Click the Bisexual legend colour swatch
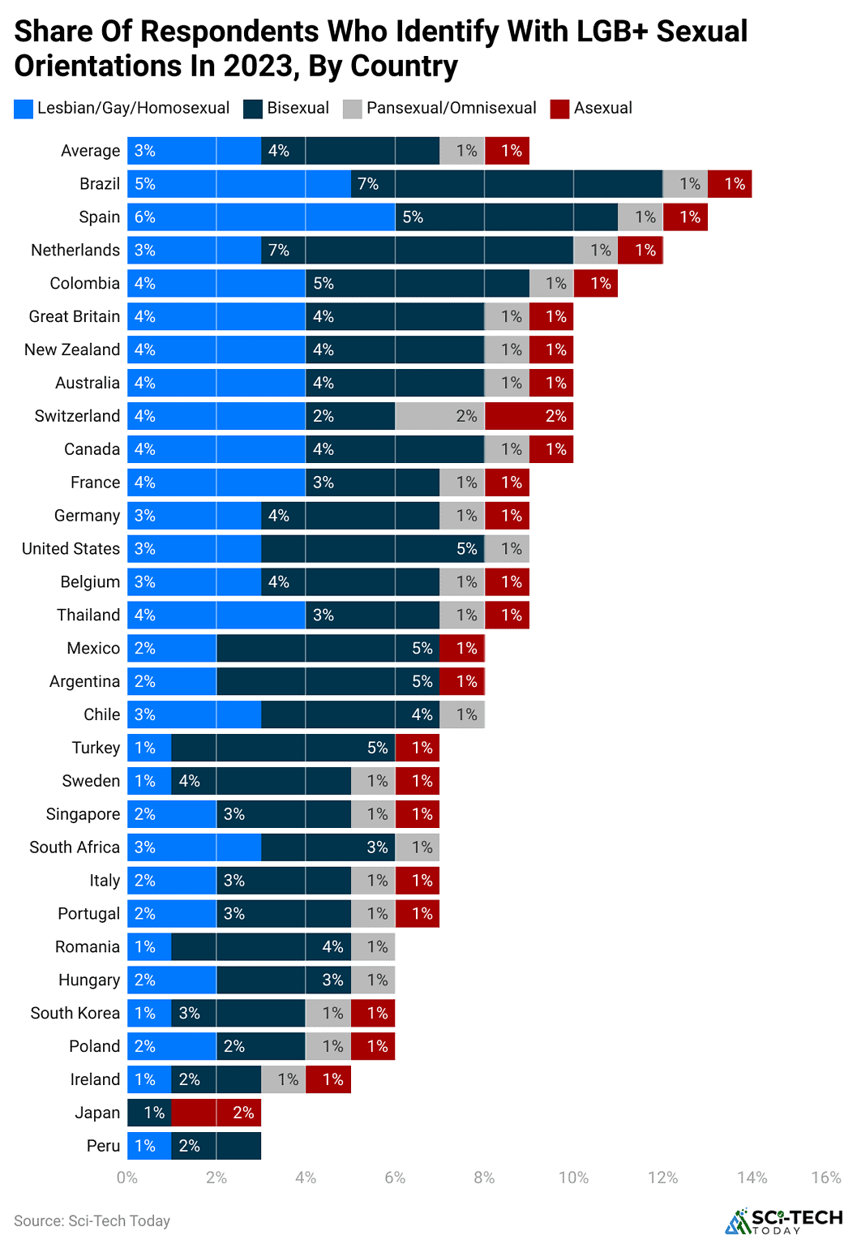pyautogui.click(x=253, y=109)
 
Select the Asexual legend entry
pyautogui.click(x=602, y=109)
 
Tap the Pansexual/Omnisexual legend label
pyautogui.click(x=451, y=109)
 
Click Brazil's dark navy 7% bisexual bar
pyautogui.click(x=507, y=184)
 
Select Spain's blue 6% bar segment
pyautogui.click(x=261, y=217)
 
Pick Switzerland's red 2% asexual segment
pyautogui.click(x=529, y=416)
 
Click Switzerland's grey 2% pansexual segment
pyautogui.click(x=439, y=416)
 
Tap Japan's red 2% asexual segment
pyautogui.click(x=216, y=1113)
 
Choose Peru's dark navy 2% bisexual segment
pyautogui.click(x=216, y=1146)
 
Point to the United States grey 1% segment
pyautogui.click(x=507, y=549)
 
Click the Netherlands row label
pyautogui.click(x=75, y=251)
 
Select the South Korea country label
pyautogui.click(x=75, y=1014)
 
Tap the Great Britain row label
pyautogui.click(x=75, y=317)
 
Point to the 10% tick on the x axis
pyautogui.click(x=573, y=1178)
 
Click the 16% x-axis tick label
pyautogui.click(x=825, y=1178)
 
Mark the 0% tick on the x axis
pyautogui.click(x=127, y=1178)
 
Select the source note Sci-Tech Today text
pyautogui.click(x=92, y=1221)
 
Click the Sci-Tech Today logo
pyautogui.click(x=783, y=1221)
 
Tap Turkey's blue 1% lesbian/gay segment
pyautogui.click(x=149, y=748)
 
